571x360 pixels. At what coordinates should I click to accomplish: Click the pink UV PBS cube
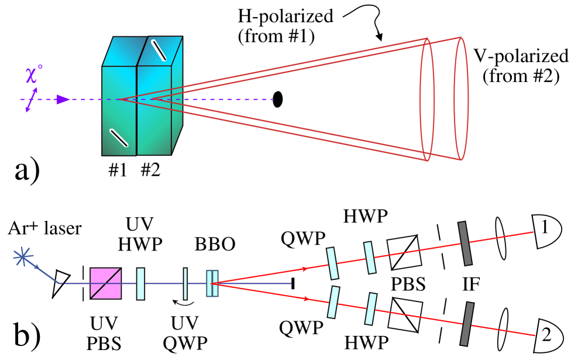pyautogui.click(x=106, y=283)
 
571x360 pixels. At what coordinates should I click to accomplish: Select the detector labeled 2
pyautogui.click(x=546, y=335)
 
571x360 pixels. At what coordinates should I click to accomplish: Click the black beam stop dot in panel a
pyautogui.click(x=277, y=99)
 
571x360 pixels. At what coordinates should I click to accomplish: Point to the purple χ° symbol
pyautogui.click(x=34, y=75)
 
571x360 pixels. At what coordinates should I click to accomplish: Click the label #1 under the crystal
pyautogui.click(x=118, y=170)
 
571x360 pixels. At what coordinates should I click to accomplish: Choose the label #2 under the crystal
pyautogui.click(x=150, y=170)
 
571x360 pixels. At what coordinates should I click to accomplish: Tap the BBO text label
pyautogui.click(x=215, y=245)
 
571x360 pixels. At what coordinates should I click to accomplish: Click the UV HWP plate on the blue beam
pyautogui.click(x=140, y=284)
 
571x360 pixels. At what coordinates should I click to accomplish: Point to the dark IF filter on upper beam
pyautogui.click(x=465, y=244)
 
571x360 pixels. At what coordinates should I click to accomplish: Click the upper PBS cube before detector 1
pyautogui.click(x=404, y=252)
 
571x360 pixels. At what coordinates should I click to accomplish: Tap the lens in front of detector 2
pyautogui.click(x=503, y=330)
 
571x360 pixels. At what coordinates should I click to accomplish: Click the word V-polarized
pyautogui.click(x=521, y=56)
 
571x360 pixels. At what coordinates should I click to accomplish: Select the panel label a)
pyautogui.click(x=27, y=170)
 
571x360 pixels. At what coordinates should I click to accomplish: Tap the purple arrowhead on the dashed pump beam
pyautogui.click(x=63, y=99)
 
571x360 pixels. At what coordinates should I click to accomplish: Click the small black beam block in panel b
pyautogui.click(x=293, y=283)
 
